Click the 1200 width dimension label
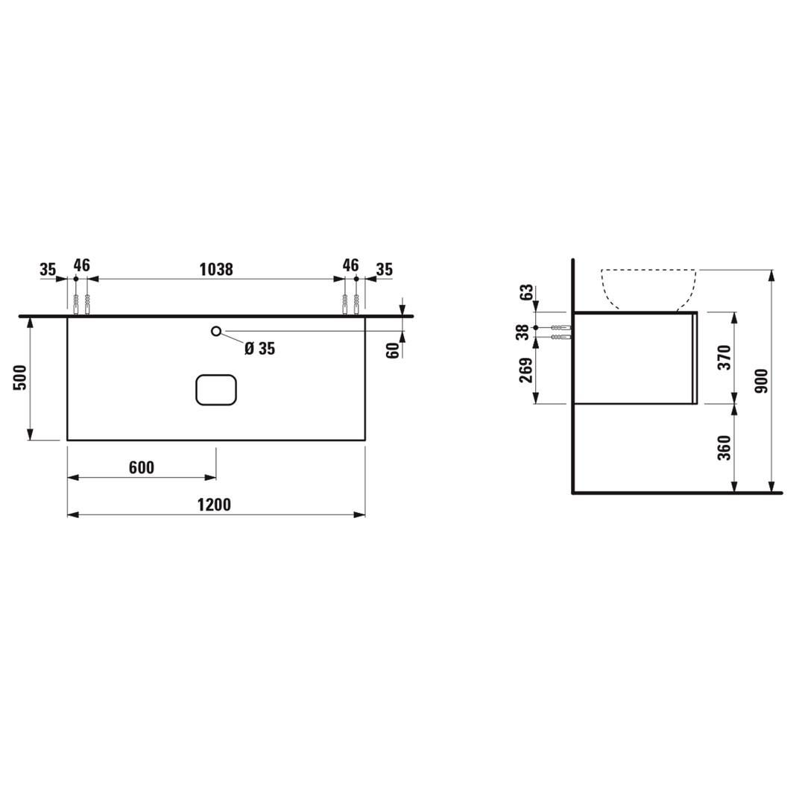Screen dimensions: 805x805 (x=214, y=505)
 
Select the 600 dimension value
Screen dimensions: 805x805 (x=142, y=467)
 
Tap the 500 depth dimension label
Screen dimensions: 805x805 (x=20, y=378)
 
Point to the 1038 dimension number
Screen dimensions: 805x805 (x=216, y=269)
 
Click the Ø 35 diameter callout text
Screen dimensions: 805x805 (x=260, y=349)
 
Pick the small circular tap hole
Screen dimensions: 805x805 (x=216, y=331)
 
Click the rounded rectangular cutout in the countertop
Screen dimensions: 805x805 (x=216, y=389)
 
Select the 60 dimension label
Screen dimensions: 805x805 (x=393, y=350)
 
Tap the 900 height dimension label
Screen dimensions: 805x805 (x=763, y=381)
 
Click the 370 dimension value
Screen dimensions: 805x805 (x=724, y=359)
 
